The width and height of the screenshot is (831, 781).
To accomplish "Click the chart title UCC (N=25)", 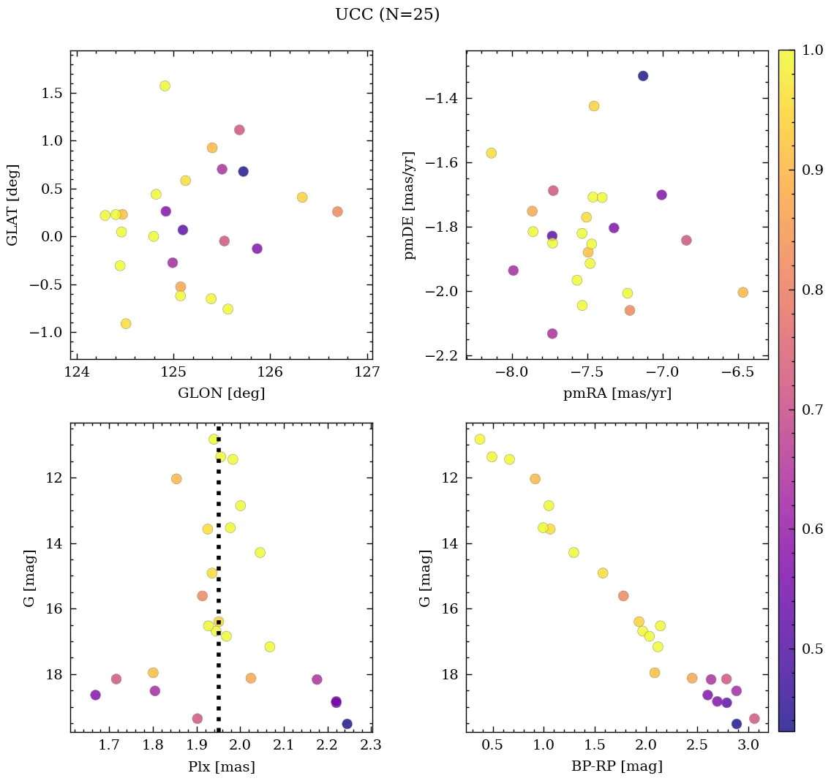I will (387, 15).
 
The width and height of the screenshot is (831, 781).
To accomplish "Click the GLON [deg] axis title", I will (221, 393).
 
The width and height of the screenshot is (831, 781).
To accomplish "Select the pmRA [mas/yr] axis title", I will (617, 393).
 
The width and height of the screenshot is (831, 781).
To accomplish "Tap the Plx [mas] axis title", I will (221, 766).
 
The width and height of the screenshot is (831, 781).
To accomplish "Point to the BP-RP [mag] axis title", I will (617, 766).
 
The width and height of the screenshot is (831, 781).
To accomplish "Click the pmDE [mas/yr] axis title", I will (410, 205).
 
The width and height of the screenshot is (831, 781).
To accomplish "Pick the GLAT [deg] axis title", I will (13, 205).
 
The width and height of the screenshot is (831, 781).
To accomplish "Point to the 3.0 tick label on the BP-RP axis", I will (747, 746).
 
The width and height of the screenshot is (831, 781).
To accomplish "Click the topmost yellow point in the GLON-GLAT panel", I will (165, 86).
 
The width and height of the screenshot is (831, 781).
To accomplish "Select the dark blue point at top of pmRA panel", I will (643, 76).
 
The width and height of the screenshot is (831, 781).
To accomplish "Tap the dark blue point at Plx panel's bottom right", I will (347, 724).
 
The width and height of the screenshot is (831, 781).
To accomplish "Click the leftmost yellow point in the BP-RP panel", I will (480, 439).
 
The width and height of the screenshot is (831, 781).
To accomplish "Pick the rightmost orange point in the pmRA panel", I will (742, 293).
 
